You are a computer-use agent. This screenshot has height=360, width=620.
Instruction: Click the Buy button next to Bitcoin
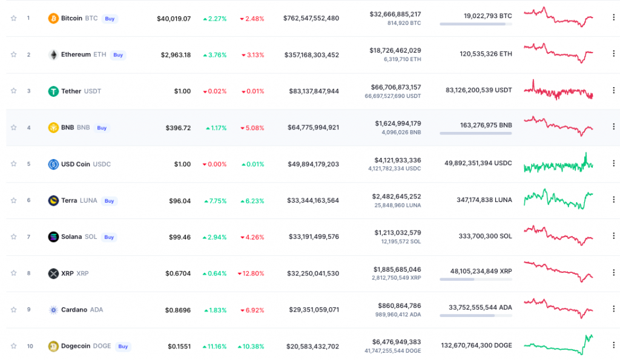pyautogui.click(x=110, y=19)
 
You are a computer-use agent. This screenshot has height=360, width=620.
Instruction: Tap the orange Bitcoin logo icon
pyautogui.click(x=53, y=18)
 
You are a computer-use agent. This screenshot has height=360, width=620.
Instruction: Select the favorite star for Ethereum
pyautogui.click(x=13, y=54)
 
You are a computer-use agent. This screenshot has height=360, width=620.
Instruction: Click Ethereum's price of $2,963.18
pyautogui.click(x=176, y=55)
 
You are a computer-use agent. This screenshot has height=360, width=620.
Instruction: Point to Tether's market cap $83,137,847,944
pyautogui.click(x=314, y=91)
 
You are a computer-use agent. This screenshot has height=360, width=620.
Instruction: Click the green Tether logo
pyautogui.click(x=53, y=91)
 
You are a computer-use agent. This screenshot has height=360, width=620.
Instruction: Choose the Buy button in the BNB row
pyautogui.click(x=102, y=128)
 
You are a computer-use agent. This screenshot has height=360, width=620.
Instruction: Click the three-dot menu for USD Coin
pyautogui.click(x=614, y=163)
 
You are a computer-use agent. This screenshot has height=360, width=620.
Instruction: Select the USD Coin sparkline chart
pyautogui.click(x=558, y=163)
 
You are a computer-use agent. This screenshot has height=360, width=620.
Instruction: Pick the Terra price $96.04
pyautogui.click(x=180, y=201)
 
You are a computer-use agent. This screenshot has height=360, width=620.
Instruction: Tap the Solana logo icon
pyautogui.click(x=53, y=237)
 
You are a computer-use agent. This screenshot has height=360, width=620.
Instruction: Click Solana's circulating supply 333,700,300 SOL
pyautogui.click(x=485, y=237)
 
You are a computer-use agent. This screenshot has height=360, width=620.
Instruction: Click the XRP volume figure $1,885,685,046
pyautogui.click(x=397, y=269)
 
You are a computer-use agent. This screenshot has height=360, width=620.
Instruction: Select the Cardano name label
pyautogui.click(x=74, y=310)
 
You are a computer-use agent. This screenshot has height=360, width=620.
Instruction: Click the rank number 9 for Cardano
pyautogui.click(x=28, y=310)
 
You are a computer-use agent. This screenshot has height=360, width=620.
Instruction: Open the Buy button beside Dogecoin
pyautogui.click(x=123, y=347)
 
